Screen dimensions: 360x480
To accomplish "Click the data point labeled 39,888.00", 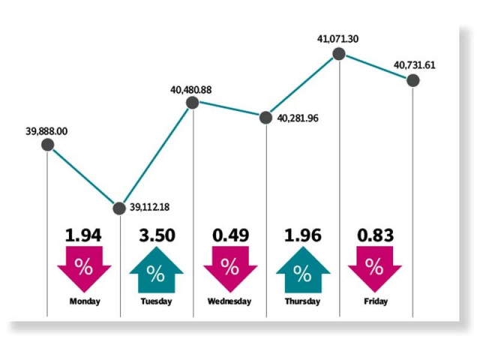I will [48, 146].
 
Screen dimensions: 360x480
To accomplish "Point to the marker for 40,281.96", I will [265, 117].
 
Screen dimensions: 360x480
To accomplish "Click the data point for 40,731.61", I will [412, 81].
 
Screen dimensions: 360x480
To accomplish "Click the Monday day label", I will [83, 301].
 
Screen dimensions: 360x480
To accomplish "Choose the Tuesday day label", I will [155, 301].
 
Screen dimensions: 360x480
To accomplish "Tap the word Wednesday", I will [229, 301].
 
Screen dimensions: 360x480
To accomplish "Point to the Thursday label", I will [302, 301].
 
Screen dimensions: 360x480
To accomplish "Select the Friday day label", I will [375, 301].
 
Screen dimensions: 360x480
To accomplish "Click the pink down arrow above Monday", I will [83, 268].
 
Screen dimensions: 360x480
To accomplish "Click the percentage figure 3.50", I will [157, 235].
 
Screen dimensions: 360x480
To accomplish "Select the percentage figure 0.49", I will [229, 235].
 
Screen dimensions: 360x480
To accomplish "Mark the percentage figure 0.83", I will [376, 235].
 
